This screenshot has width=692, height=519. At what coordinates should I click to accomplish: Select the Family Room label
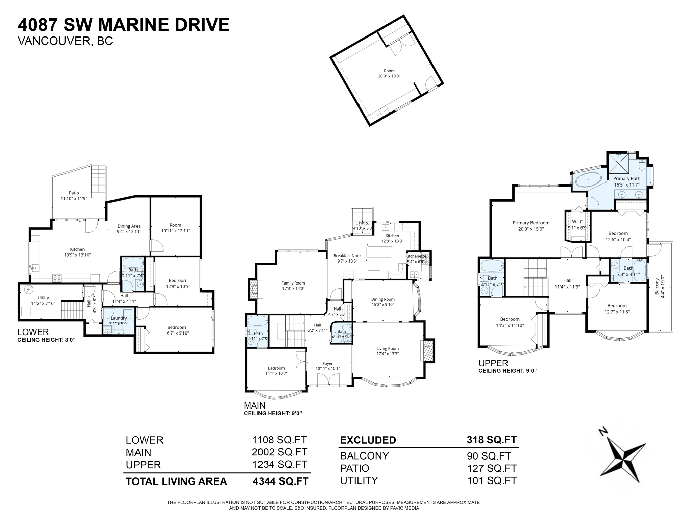pyautogui.click(x=293, y=283)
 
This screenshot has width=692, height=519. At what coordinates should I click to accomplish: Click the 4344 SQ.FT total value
pyautogui.click(x=280, y=481)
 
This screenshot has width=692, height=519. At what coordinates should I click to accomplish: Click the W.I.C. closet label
pyautogui.click(x=578, y=222)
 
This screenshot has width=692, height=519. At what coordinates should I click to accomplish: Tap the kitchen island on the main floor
pyautogui.click(x=379, y=252)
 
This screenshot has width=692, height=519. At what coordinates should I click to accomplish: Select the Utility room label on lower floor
pyautogui.click(x=43, y=298)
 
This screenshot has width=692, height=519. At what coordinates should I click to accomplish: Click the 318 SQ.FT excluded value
pyautogui.click(x=492, y=440)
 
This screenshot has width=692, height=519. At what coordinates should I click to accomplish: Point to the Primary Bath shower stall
pyautogui.click(x=619, y=164)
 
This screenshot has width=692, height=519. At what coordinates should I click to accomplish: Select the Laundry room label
pyautogui.click(x=119, y=318)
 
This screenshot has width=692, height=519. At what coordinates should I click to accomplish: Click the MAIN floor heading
pyautogui.click(x=254, y=405)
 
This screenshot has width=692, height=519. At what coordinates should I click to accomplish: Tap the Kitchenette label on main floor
pyautogui.click(x=416, y=256)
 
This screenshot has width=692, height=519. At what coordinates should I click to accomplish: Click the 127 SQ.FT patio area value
pyautogui.click(x=492, y=468)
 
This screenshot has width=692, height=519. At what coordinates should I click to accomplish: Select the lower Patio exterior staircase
pyautogui.click(x=99, y=179)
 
